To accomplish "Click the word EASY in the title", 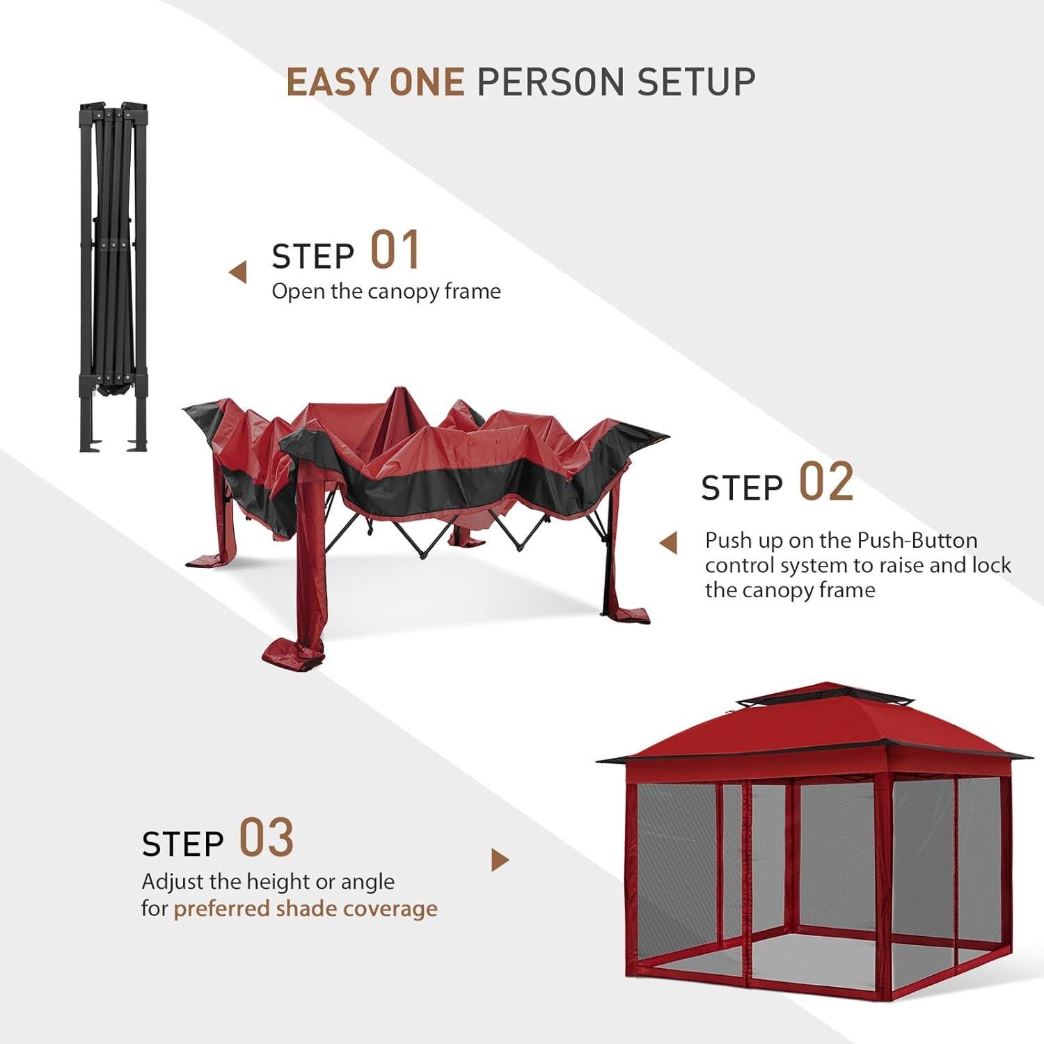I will pos(333,82).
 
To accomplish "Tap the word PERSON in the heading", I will pos(550,82).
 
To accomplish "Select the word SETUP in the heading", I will pos(696,82).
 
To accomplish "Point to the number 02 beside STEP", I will pos(825,482).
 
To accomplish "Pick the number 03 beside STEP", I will pos(267,838).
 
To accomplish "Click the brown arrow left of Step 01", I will pos(238,273).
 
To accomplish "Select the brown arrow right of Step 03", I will pos(500,860).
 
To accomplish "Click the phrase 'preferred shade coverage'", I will pos(306,909).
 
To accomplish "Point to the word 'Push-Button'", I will pos(917,541).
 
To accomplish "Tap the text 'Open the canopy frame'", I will pos(386,292).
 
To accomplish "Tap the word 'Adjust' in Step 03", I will pos(173,882).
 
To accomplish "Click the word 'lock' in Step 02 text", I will pos(991,565).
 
